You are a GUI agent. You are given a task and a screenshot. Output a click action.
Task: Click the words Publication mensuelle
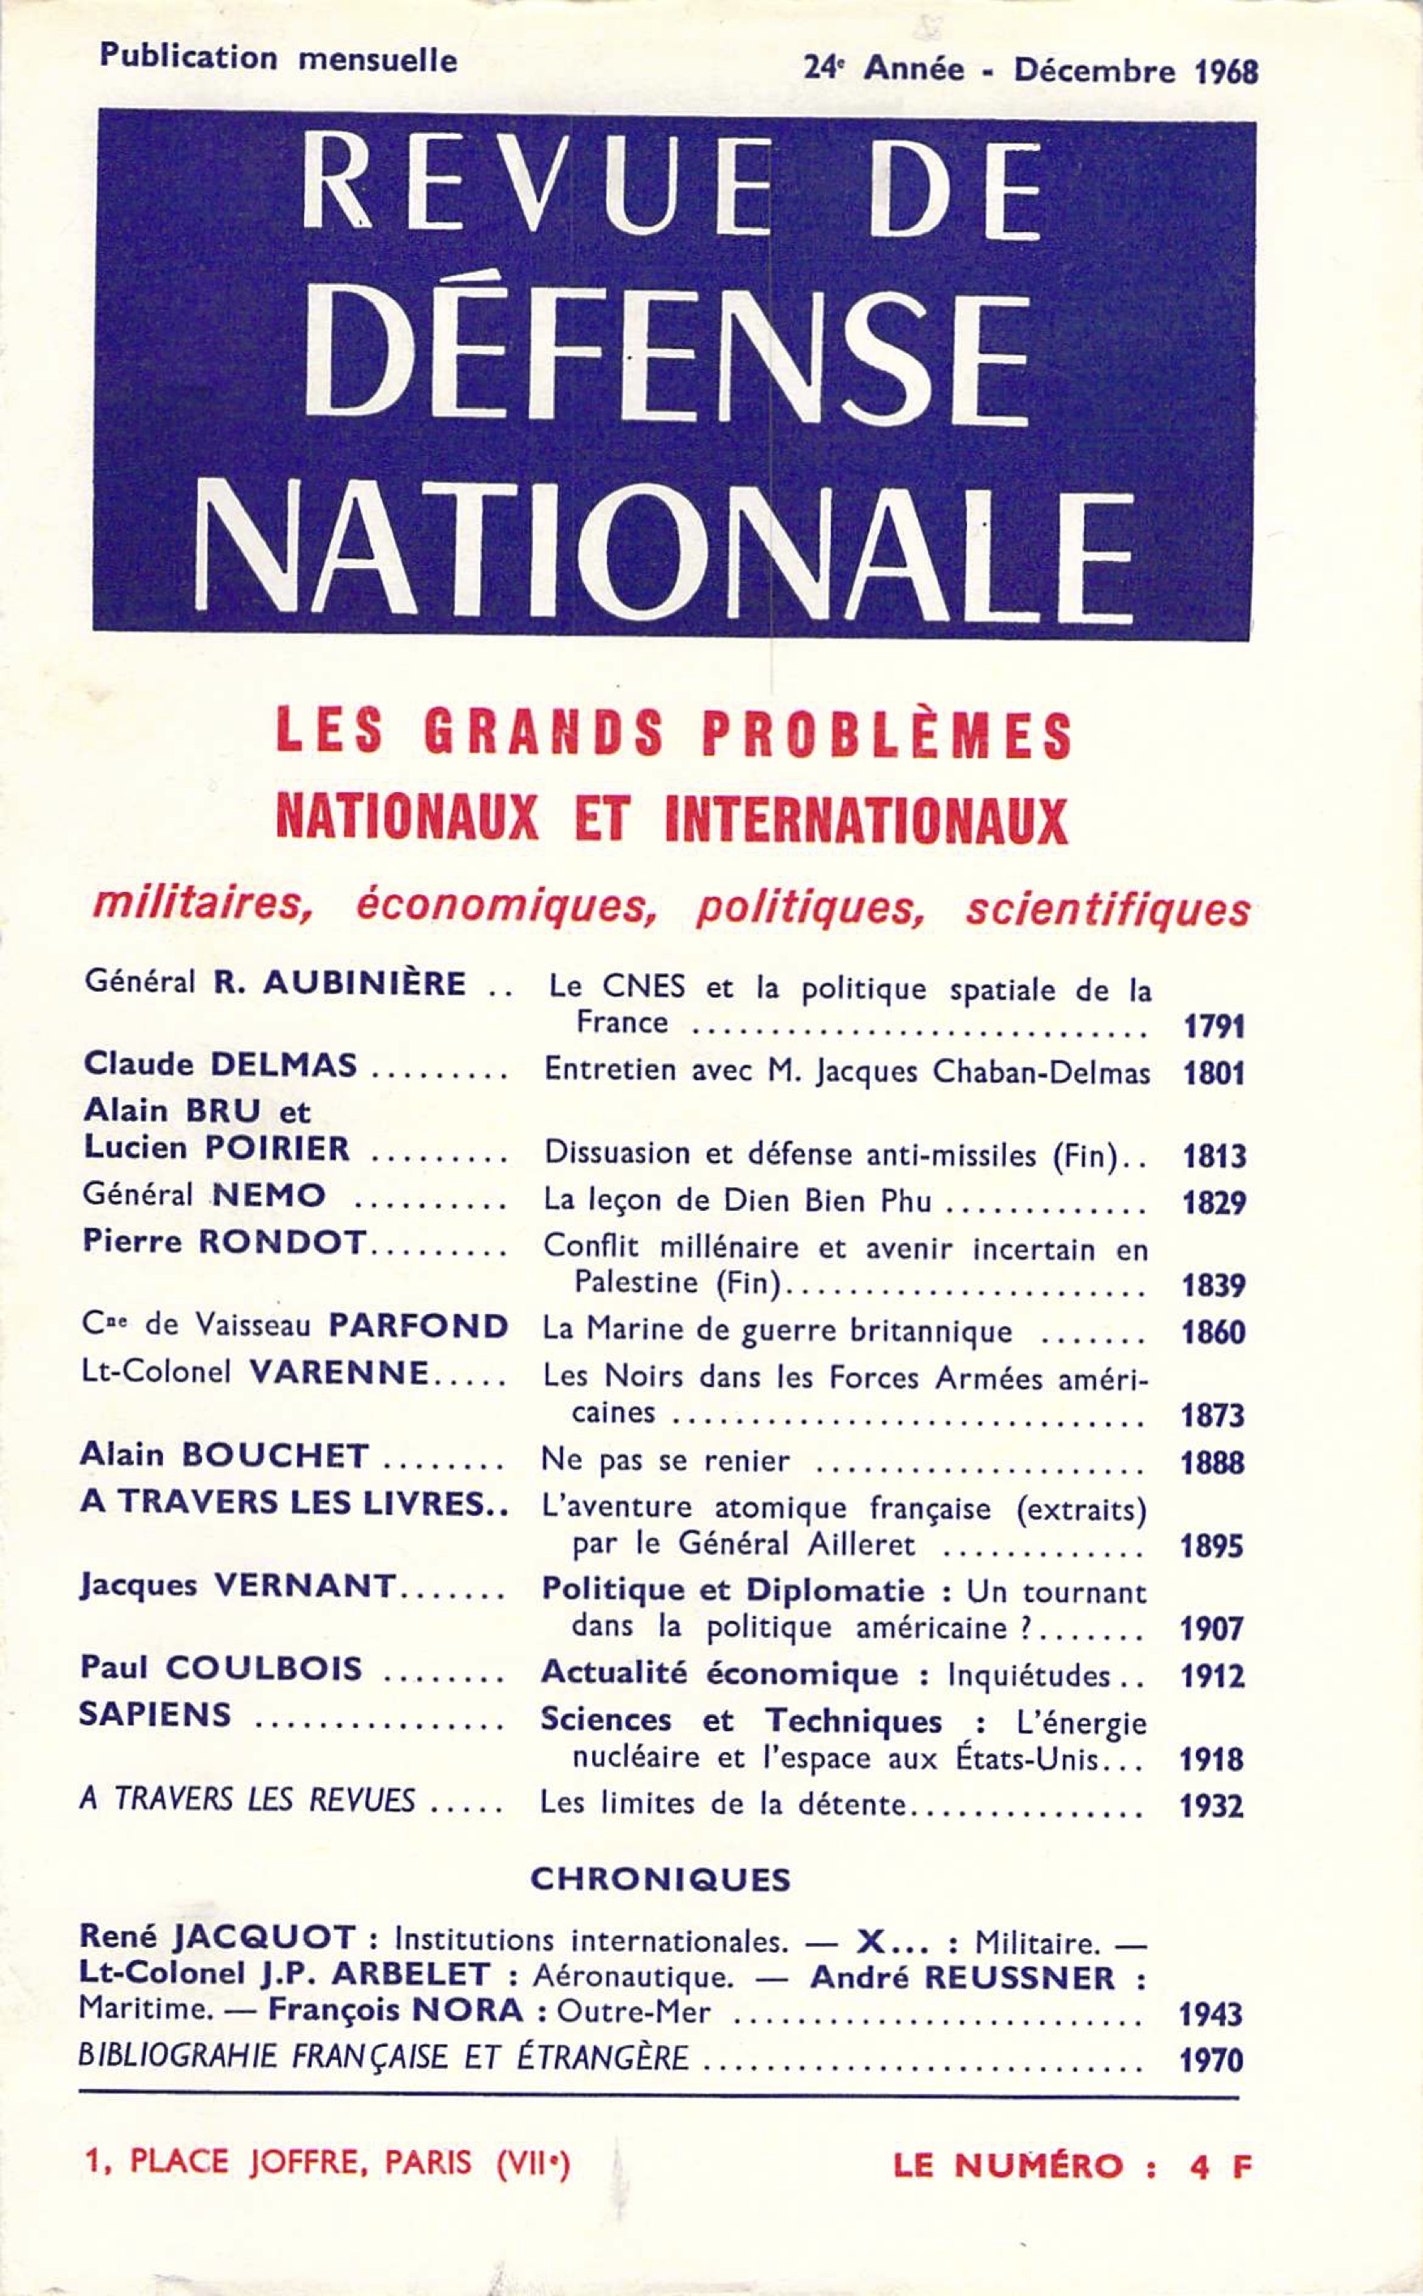[278, 59]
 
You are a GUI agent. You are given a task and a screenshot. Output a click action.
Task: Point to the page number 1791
[1213, 1026]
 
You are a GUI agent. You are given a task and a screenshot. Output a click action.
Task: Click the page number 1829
[1214, 1202]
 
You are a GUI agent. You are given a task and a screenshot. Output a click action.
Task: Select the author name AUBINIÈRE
[364, 984]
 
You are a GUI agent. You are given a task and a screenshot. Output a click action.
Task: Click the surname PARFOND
[418, 1326]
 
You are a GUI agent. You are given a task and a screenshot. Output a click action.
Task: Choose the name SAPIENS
[155, 1714]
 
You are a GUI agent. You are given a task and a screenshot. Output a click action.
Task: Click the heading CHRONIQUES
[660, 1879]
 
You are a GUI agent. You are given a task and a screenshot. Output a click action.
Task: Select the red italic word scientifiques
[1107, 907]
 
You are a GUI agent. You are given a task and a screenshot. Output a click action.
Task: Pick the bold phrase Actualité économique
[720, 1673]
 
